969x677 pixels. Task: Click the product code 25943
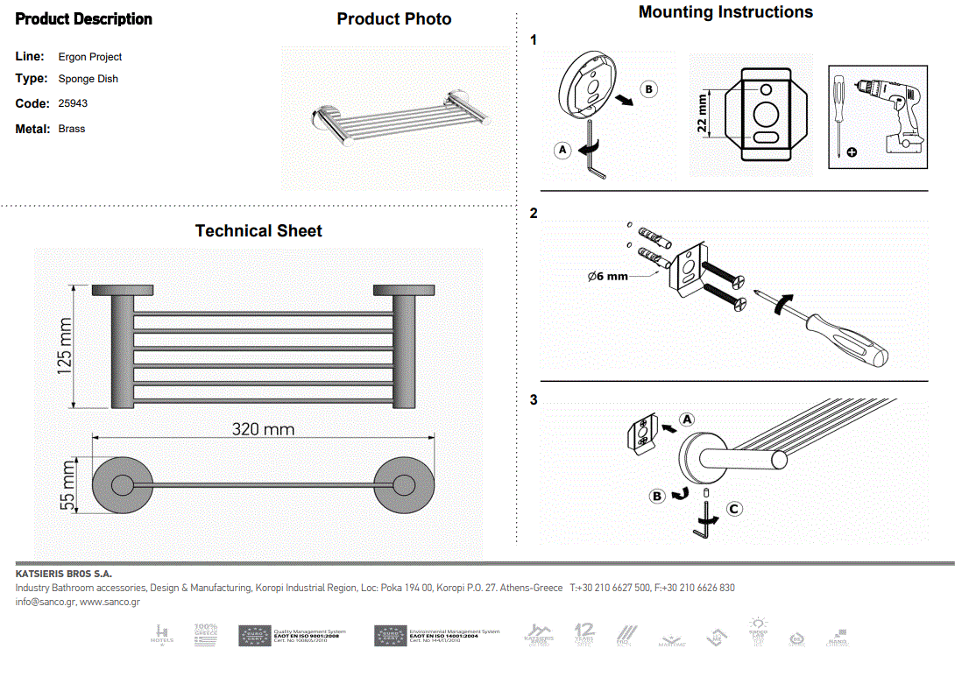(73, 103)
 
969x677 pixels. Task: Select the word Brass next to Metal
(72, 129)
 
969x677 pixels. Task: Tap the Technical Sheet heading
(258, 231)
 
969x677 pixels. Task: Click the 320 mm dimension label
(263, 429)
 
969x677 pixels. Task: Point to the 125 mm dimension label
(66, 347)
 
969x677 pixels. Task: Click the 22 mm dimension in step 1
(703, 114)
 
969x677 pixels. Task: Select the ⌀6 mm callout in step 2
(608, 276)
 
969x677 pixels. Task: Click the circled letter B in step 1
(648, 88)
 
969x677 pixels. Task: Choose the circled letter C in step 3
(734, 509)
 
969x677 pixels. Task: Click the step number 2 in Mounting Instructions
(534, 214)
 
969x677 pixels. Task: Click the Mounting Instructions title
(725, 12)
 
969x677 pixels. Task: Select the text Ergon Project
(90, 57)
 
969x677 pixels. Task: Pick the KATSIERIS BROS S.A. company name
(64, 574)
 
